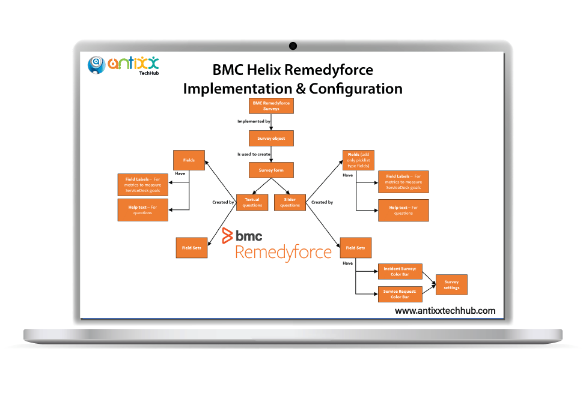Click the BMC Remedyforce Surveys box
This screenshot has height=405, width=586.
pyautogui.click(x=270, y=106)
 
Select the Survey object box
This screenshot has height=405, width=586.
pyautogui.click(x=271, y=138)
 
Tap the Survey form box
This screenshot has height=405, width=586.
pyautogui.click(x=271, y=170)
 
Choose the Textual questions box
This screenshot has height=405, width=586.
pyautogui.click(x=252, y=202)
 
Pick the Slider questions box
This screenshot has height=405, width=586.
pyautogui.click(x=290, y=202)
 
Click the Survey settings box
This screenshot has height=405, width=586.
pyautogui.click(x=451, y=284)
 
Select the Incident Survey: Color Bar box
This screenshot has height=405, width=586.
pyautogui.click(x=400, y=272)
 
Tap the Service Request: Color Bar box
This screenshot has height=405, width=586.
pyautogui.click(x=400, y=294)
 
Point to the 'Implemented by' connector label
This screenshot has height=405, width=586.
pyautogui.click(x=254, y=122)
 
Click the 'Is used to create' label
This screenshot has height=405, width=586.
pyautogui.click(x=254, y=154)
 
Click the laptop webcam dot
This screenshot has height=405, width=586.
pyautogui.click(x=293, y=46)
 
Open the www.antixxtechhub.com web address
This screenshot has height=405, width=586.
pyautogui.click(x=445, y=310)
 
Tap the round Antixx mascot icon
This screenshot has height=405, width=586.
pyautogui.click(x=97, y=65)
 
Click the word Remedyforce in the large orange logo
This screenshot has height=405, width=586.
pyautogui.click(x=282, y=252)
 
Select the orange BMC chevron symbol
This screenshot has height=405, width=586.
pyautogui.click(x=227, y=235)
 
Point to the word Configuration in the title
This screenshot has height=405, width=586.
pyautogui.click(x=356, y=89)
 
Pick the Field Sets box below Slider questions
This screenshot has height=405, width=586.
pyautogui.click(x=355, y=248)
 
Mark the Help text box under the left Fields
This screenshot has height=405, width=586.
pyautogui.click(x=143, y=209)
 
